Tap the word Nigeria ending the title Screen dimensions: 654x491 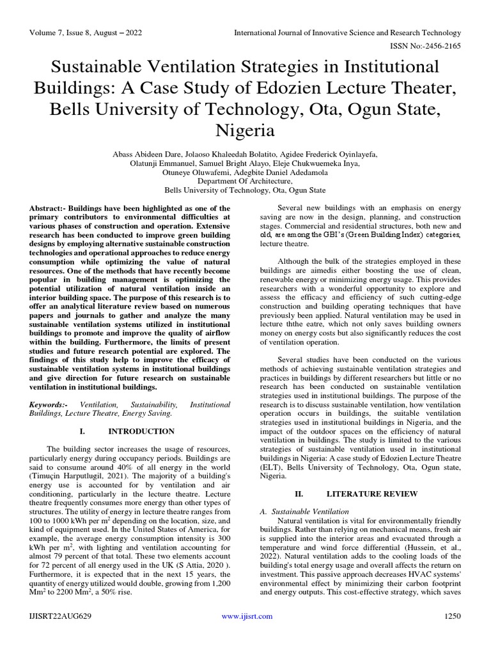coord(245,131)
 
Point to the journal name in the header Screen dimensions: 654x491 coord(348,33)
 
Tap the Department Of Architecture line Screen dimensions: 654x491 coord(245,181)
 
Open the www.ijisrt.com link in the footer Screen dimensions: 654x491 coord(246,616)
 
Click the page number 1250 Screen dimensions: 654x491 coord(451,616)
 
